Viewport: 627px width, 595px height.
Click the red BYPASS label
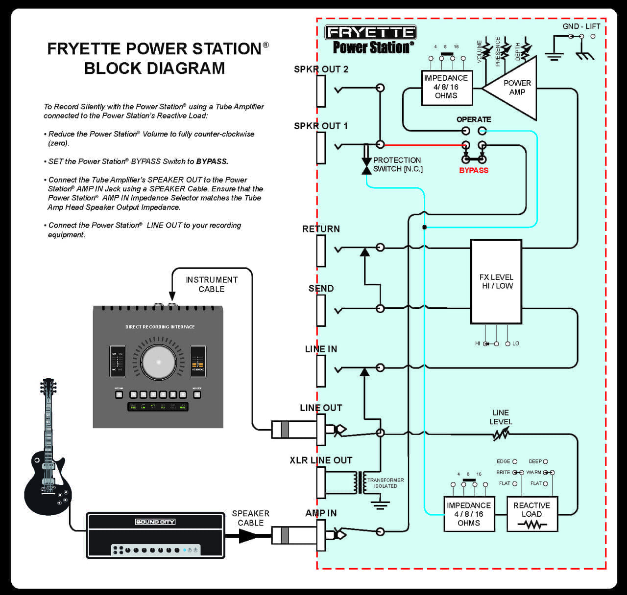click(x=473, y=170)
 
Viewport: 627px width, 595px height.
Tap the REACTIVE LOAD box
click(x=532, y=514)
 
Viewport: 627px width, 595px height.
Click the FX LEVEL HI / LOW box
click(x=496, y=281)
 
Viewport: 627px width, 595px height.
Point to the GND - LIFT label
click(x=581, y=26)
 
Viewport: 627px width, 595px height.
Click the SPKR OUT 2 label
click(x=321, y=69)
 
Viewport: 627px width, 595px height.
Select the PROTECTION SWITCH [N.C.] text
click(x=397, y=164)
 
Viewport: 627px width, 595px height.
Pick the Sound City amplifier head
click(x=155, y=535)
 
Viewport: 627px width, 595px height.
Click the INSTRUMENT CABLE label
click(x=212, y=284)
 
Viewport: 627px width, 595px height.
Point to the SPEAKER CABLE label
click(x=250, y=518)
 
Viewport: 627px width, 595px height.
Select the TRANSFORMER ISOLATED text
click(x=386, y=483)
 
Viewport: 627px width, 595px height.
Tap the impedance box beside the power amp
click(x=446, y=87)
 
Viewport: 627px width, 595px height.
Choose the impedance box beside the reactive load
click(x=469, y=514)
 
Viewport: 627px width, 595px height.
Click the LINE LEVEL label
click(x=501, y=417)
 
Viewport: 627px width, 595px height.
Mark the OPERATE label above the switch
click(x=473, y=119)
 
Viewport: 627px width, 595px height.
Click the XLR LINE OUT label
click(x=321, y=460)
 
